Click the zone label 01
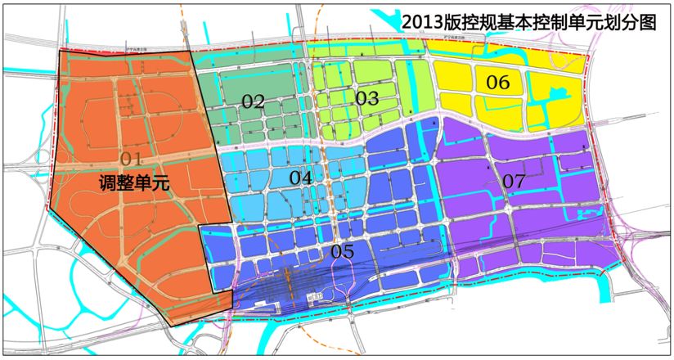click(131, 158)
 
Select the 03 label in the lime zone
click(366, 98)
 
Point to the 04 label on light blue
click(301, 177)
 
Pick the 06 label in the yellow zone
click(498, 82)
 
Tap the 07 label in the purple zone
click(514, 179)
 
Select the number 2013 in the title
click(422, 22)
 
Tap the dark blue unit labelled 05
click(393, 205)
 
